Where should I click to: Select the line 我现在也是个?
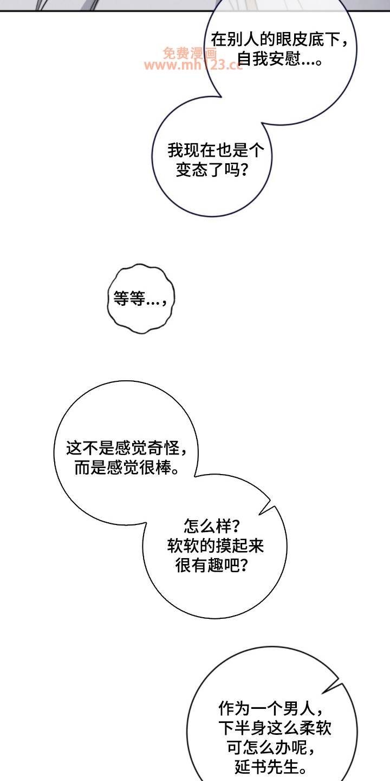tap(216, 151)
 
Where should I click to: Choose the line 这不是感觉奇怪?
tap(127, 448)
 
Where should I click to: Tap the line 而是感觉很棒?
tap(127, 468)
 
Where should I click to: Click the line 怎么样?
tap(211, 527)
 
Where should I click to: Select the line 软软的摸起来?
tap(216, 546)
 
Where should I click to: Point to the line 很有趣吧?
tap(211, 566)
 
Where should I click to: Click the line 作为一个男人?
tap(271, 708)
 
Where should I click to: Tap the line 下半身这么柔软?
tap(275, 728)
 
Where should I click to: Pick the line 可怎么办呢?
tap(271, 747)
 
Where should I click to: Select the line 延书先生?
tap(271, 767)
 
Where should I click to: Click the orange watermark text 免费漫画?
tap(190, 53)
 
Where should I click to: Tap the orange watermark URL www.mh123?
tap(192, 65)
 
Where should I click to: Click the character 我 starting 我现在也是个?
tap(176, 151)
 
